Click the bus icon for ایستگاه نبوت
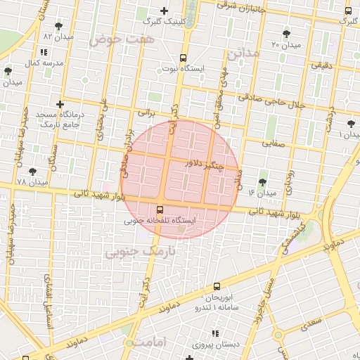[184, 58]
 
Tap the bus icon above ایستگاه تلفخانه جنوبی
[160, 210]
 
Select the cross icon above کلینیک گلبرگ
[165, 11]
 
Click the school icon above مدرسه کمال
[44, 52]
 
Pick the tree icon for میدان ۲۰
[286, 34]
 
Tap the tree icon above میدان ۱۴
[263, 182]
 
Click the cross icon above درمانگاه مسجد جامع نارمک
[60, 104]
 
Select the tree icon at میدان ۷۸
[32, 172]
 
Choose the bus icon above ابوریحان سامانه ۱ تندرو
[217, 286]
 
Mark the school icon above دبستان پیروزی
[214, 333]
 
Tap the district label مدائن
[244, 53]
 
